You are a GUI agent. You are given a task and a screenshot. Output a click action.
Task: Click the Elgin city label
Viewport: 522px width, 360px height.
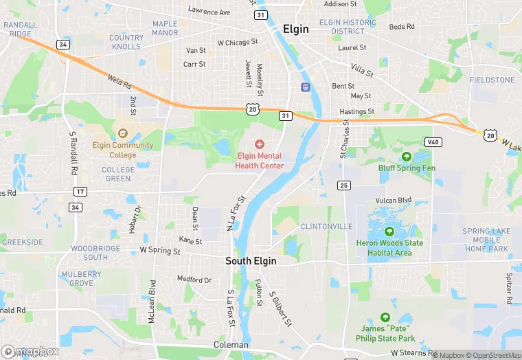[x=296, y=30]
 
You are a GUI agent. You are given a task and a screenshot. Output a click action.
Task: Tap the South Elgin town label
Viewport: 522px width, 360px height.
[x=252, y=261]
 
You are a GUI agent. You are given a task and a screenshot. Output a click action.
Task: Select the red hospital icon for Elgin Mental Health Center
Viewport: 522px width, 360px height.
[x=260, y=144]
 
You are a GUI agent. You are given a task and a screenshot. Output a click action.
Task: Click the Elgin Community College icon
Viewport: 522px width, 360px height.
[x=123, y=133]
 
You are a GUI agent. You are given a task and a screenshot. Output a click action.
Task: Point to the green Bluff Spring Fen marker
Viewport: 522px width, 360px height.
[x=406, y=156]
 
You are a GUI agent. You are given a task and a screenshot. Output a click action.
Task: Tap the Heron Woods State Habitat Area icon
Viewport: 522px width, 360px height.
[x=389, y=232]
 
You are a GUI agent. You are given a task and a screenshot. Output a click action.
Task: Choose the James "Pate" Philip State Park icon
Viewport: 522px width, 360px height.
[x=385, y=317]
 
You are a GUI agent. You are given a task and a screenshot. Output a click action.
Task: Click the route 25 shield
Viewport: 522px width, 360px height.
[x=344, y=185]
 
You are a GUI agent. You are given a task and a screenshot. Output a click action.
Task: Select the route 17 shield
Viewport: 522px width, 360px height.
[x=80, y=192]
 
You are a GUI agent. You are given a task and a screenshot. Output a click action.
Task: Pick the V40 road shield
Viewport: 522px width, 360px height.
[x=432, y=142]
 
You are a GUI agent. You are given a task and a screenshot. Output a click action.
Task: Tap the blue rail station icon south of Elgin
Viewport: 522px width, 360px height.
[x=306, y=87]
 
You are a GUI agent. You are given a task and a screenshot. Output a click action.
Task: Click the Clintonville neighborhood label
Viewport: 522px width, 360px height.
[x=326, y=226]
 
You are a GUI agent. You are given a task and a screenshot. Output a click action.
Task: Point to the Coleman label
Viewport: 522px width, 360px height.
[x=231, y=344]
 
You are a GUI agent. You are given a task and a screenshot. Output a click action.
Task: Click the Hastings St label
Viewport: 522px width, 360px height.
[x=356, y=111]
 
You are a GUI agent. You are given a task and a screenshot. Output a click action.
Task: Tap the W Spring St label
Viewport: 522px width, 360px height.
[x=159, y=251]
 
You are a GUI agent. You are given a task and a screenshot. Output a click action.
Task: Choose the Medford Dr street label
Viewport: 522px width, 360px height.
[x=194, y=280]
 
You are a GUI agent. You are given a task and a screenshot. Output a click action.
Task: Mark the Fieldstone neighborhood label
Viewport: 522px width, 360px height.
[x=492, y=80]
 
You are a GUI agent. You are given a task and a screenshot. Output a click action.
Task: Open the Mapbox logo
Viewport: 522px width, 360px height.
[x=30, y=351]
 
